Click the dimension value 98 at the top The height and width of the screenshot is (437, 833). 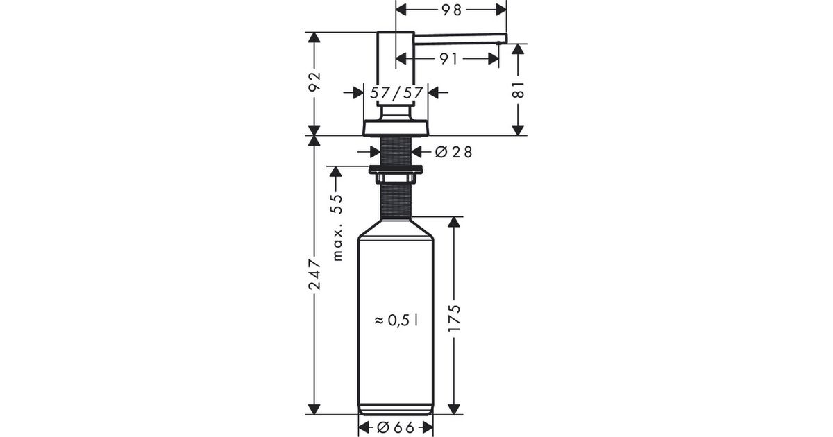pyautogui.click(x=451, y=10)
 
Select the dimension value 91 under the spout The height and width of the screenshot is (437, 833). pyautogui.click(x=448, y=59)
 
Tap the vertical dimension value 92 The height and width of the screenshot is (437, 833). pyautogui.click(x=314, y=81)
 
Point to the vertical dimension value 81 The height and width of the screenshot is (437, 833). pyautogui.click(x=518, y=90)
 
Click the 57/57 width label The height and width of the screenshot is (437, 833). pyautogui.click(x=396, y=93)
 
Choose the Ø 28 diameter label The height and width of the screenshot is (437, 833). pyautogui.click(x=453, y=152)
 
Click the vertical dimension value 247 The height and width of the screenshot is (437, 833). pyautogui.click(x=314, y=275)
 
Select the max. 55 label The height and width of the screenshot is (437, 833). pyautogui.click(x=337, y=228)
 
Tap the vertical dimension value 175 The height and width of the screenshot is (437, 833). pyautogui.click(x=454, y=318)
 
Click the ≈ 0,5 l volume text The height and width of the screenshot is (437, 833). pyautogui.click(x=396, y=320)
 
